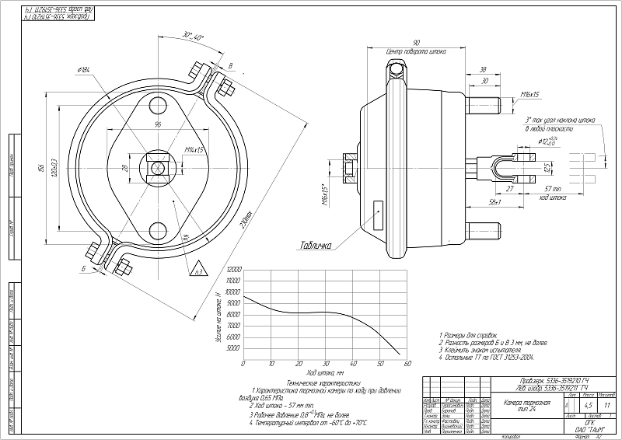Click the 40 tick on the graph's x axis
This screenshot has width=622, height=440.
click(x=352, y=363)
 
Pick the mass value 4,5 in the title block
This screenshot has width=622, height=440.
click(x=588, y=405)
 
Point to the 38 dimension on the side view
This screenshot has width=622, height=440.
click(x=484, y=68)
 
